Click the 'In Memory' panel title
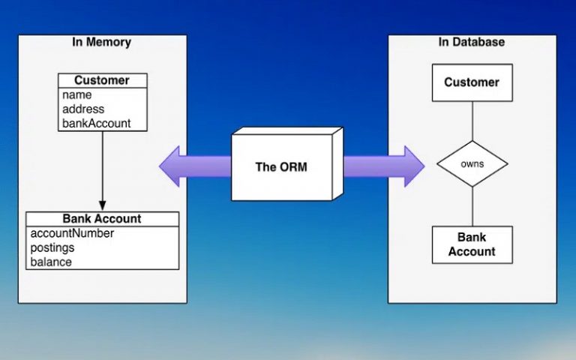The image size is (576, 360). pyautogui.click(x=101, y=42)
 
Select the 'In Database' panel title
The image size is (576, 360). pyautogui.click(x=472, y=42)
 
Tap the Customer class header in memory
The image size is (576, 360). pyautogui.click(x=102, y=80)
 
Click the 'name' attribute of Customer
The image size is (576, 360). pyautogui.click(x=77, y=95)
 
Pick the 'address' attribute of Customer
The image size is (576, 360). pyautogui.click(x=83, y=109)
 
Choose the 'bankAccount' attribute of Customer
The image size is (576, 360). pyautogui.click(x=96, y=123)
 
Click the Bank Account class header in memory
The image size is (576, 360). pyautogui.click(x=102, y=219)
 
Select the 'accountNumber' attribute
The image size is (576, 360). pyautogui.click(x=72, y=233)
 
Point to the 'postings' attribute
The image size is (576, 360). pyautogui.click(x=52, y=247)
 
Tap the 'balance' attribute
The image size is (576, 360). pyautogui.click(x=51, y=262)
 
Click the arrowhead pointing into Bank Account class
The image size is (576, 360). pyautogui.click(x=103, y=205)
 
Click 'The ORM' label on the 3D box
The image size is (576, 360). pyautogui.click(x=281, y=167)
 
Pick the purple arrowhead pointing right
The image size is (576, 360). pyautogui.click(x=412, y=166)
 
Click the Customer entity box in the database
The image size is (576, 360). pyautogui.click(x=472, y=82)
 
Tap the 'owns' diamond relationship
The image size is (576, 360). pyautogui.click(x=472, y=163)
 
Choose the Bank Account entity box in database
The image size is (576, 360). pyautogui.click(x=472, y=244)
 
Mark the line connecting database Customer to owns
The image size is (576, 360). pyautogui.click(x=472, y=121)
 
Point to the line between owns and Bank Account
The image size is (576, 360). pyautogui.click(x=472, y=206)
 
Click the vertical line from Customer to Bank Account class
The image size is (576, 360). pyautogui.click(x=103, y=165)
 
